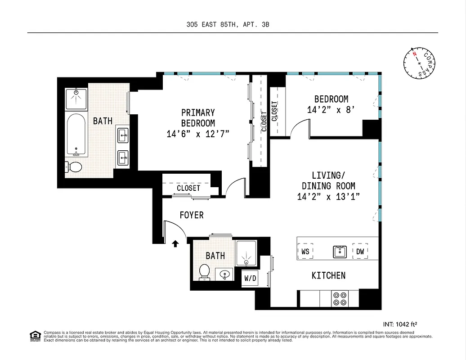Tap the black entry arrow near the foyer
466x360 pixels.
click(x=175, y=243)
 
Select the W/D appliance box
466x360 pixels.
click(x=250, y=278)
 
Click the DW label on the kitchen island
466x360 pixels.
click(x=360, y=252)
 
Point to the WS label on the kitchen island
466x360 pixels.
click(x=305, y=252)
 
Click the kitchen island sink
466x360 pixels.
click(x=340, y=252)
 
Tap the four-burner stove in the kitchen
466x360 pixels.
click(x=339, y=298)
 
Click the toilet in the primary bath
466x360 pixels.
click(x=74, y=167)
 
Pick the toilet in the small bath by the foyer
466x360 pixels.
click(x=204, y=271)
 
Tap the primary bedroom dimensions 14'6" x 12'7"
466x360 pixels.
click(x=198, y=133)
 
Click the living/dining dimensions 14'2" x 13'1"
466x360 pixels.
click(x=328, y=196)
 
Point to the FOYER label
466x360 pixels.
click(x=192, y=215)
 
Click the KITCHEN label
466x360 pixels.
click(x=328, y=275)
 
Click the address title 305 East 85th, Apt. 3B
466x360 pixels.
click(x=228, y=25)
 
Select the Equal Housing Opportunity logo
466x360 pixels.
click(x=35, y=336)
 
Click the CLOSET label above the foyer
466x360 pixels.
click(x=188, y=188)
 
